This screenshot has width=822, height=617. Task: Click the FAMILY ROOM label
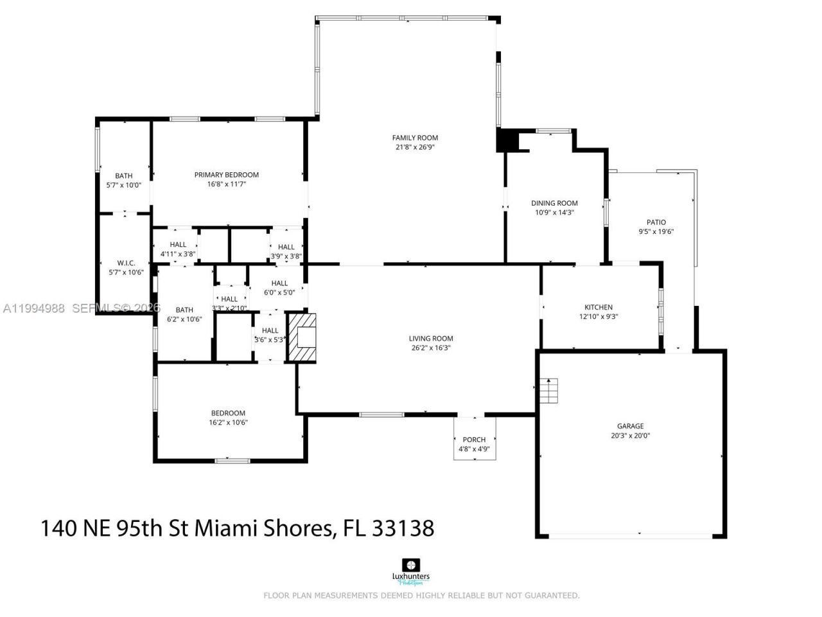[415, 138]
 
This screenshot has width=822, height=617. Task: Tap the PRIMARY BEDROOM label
[227, 175]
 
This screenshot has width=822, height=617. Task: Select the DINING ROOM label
[554, 203]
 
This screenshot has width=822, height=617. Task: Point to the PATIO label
[656, 222]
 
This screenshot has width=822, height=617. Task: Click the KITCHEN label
[598, 307]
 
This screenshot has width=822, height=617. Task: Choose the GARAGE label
[630, 426]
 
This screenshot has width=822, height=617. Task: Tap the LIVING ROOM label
[431, 339]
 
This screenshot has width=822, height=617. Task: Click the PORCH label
[474, 440]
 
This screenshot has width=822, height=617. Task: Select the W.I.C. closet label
[126, 263]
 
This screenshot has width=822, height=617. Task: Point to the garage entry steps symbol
[549, 391]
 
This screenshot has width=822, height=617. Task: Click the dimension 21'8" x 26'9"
[415, 147]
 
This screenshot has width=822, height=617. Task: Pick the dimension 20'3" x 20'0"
[630, 436]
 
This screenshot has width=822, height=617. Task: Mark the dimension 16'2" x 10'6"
[228, 423]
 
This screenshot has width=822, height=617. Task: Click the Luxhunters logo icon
[410, 565]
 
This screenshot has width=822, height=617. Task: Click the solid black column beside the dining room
[507, 140]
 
